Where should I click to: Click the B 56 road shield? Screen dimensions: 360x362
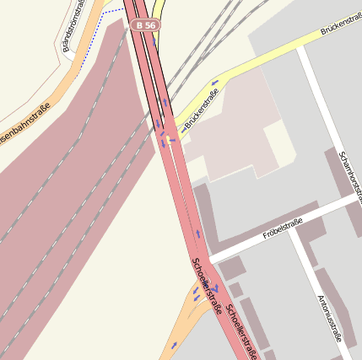145,26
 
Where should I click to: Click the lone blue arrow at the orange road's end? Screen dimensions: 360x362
174,345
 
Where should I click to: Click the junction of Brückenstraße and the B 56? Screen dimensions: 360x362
168,139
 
